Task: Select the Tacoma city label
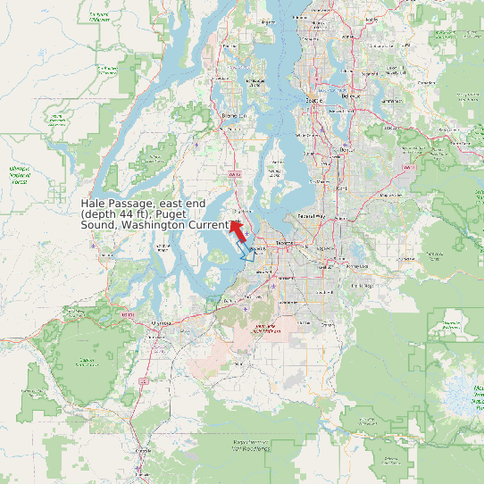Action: [x=284, y=242]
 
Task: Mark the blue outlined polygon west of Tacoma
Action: [x=247, y=255]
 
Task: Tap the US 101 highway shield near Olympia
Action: [x=128, y=315]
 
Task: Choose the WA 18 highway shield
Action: [x=408, y=167]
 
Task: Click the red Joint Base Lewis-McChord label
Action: [x=264, y=329]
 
